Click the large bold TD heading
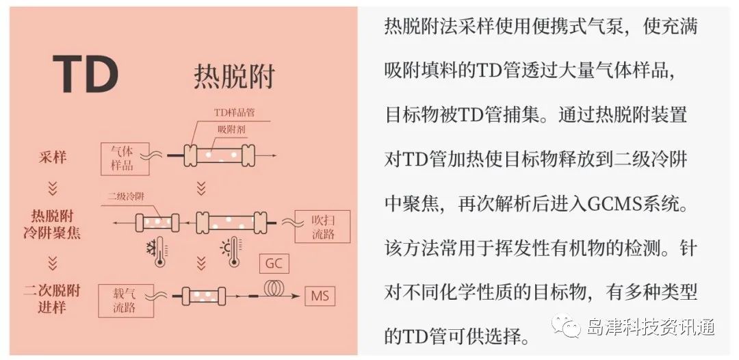pyautogui.click(x=86, y=75)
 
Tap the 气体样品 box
pyautogui.click(x=125, y=159)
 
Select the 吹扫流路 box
pyautogui.click(x=322, y=227)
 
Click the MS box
pyautogui.click(x=320, y=296)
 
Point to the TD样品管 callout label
pyautogui.click(x=234, y=112)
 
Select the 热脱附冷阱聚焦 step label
pyautogui.click(x=52, y=224)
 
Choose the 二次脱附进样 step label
pyautogui.click(x=52, y=298)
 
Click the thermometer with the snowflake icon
pyautogui.click(x=158, y=252)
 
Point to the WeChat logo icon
pyautogui.click(x=567, y=326)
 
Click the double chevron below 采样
pyautogui.click(x=53, y=188)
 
